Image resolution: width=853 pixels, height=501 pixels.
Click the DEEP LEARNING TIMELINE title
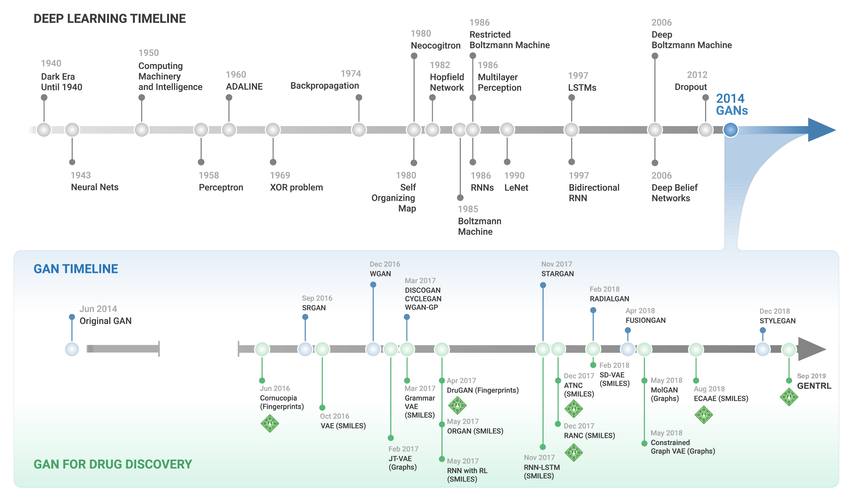click(x=109, y=19)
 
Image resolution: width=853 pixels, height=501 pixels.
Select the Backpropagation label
click(x=324, y=86)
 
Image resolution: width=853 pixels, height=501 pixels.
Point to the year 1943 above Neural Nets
click(x=81, y=175)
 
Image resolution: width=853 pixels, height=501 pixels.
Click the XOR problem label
click(x=296, y=187)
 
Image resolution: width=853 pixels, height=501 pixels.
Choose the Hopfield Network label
click(x=446, y=82)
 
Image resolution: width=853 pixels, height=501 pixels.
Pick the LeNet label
click(x=516, y=188)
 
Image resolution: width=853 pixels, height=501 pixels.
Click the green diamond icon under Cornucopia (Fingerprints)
click(x=270, y=423)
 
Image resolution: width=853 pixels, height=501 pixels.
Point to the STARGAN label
click(x=557, y=274)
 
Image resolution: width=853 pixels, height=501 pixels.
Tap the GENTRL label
click(x=814, y=386)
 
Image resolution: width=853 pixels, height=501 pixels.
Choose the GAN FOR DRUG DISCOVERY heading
click(x=113, y=464)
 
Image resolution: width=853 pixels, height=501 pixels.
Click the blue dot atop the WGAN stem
click(x=373, y=285)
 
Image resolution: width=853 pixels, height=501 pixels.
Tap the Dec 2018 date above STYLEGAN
click(x=774, y=311)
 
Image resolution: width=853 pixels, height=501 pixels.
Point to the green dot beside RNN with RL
click(x=442, y=459)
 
